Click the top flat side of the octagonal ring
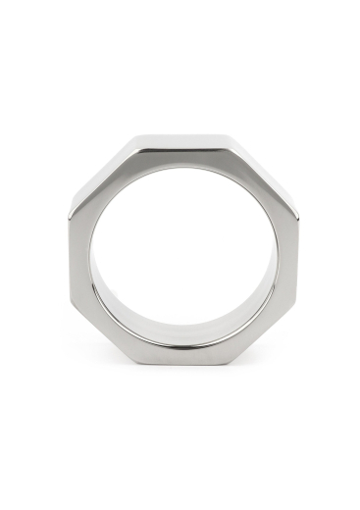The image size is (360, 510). [x=180, y=143]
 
